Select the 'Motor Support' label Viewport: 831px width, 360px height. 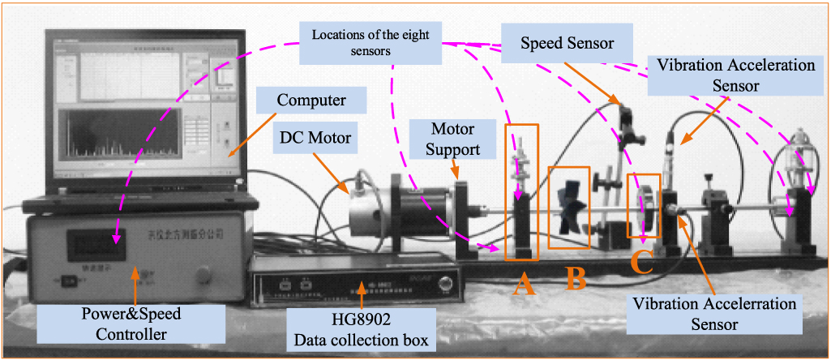[x=452, y=139]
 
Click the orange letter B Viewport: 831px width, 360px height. [x=576, y=277]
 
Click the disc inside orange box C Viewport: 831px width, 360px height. [x=644, y=211]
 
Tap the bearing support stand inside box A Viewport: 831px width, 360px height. [x=521, y=223]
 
